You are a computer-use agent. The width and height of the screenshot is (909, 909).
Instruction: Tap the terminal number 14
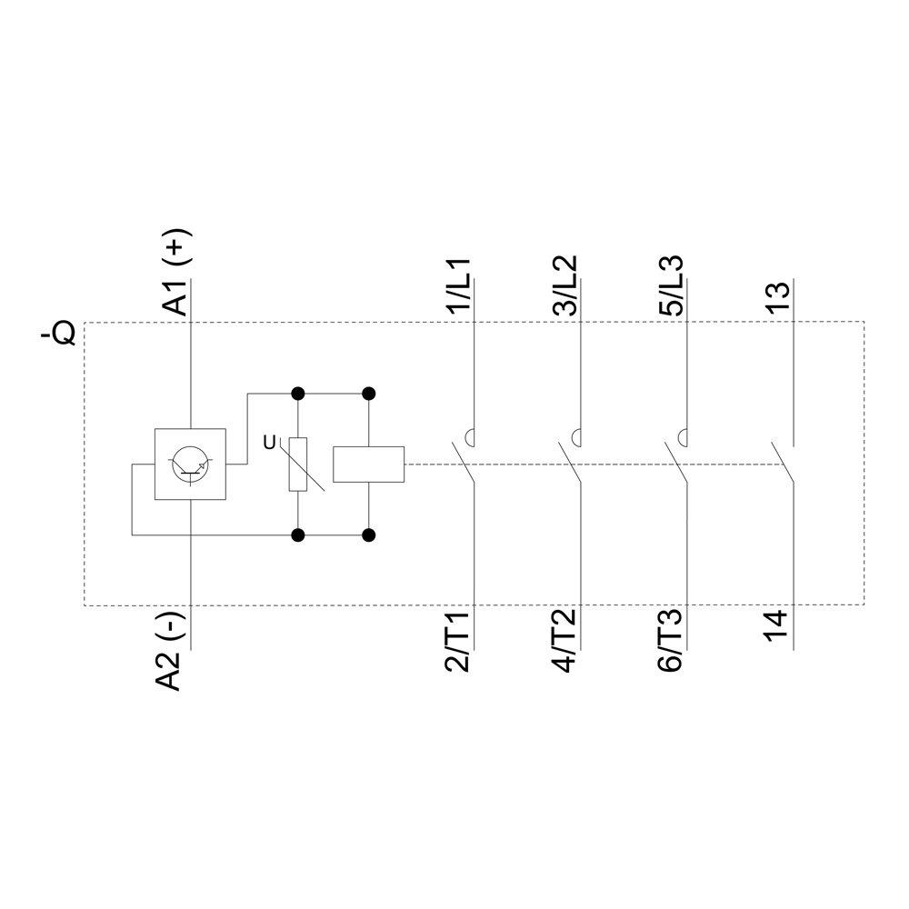(776, 628)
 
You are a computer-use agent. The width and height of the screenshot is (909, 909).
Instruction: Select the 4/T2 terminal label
(564, 643)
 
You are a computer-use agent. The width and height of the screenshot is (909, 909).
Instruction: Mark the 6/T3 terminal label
(671, 643)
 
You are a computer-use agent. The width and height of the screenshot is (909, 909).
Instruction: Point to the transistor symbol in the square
(190, 464)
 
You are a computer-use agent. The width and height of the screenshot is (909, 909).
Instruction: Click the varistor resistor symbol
(298, 464)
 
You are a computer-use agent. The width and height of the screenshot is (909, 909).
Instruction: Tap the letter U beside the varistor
(268, 443)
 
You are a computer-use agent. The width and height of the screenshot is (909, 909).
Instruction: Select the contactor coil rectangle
(369, 464)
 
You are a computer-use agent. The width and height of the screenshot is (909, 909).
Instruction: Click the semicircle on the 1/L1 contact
(470, 435)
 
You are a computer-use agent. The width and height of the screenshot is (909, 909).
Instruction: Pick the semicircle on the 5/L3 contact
(682, 435)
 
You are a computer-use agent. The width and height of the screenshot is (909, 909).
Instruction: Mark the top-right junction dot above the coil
(369, 394)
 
